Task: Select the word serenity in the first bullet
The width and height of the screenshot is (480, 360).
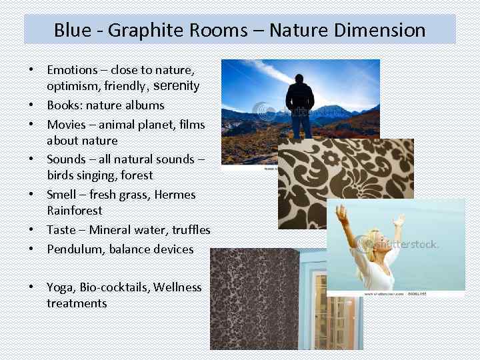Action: [x=177, y=86]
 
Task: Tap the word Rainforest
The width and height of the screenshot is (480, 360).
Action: [x=75, y=211]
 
